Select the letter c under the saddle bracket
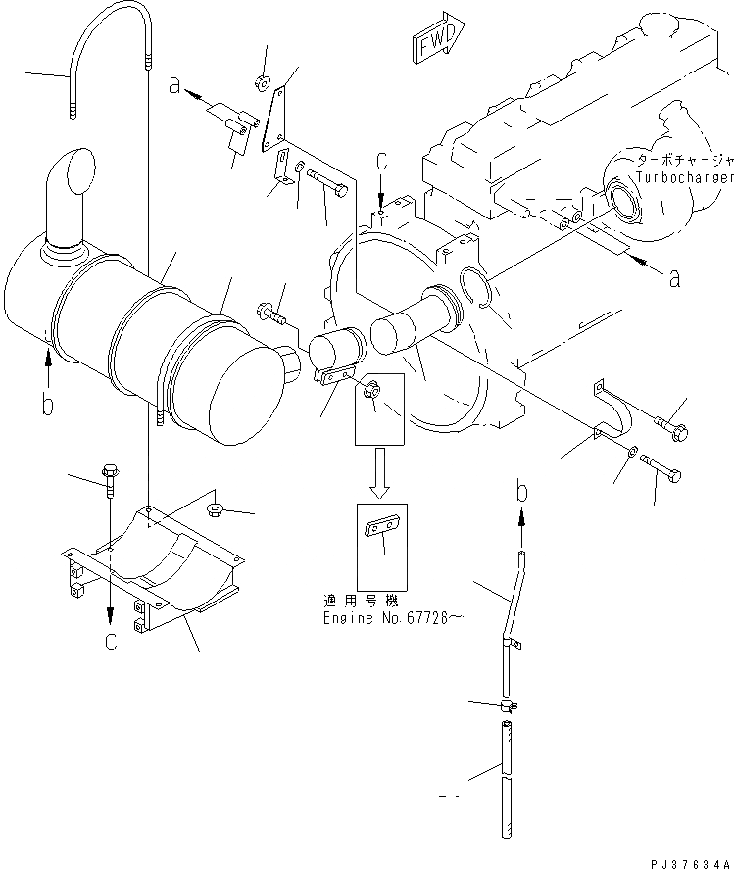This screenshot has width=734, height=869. [110, 642]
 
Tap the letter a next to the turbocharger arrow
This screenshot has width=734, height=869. [673, 279]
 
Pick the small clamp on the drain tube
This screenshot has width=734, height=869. [508, 705]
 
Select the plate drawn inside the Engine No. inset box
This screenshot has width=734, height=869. [382, 530]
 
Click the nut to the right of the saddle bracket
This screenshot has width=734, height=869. [216, 510]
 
